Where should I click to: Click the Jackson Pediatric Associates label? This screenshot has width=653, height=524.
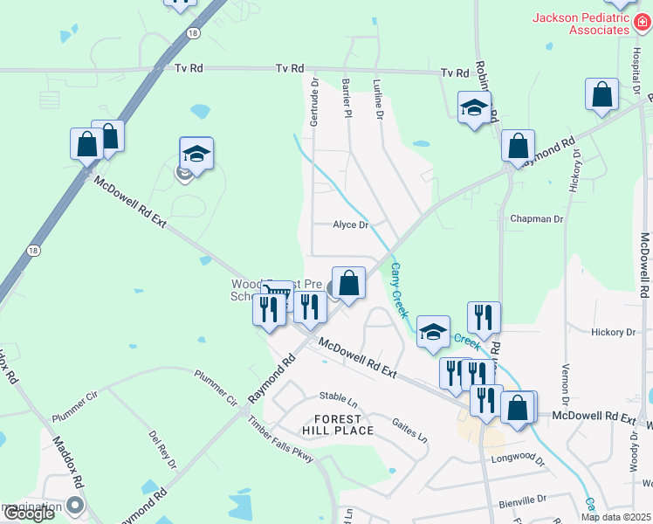point(581,24)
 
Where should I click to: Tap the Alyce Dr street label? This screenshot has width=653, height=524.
point(351,224)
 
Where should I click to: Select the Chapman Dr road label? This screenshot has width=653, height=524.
point(536,218)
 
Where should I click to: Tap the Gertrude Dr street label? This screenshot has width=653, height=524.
point(315,102)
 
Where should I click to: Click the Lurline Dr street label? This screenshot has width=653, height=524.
point(378,98)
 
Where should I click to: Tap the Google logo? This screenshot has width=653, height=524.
point(28,514)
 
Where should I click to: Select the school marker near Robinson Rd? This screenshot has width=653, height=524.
point(474,107)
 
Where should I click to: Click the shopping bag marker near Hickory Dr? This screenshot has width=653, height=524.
point(601,95)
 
